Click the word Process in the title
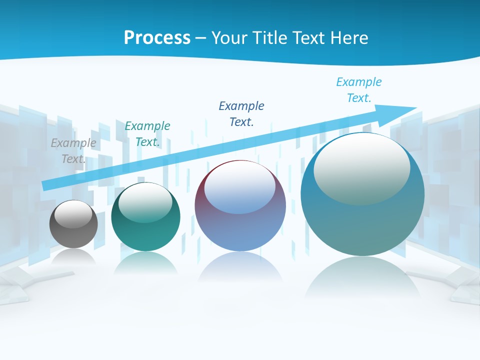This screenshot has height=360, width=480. click(x=157, y=38)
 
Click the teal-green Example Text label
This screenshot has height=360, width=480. click(x=147, y=134)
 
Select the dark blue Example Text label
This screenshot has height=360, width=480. click(x=241, y=114)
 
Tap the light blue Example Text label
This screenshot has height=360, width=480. click(x=359, y=89)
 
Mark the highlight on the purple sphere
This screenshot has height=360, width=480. click(x=239, y=187)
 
